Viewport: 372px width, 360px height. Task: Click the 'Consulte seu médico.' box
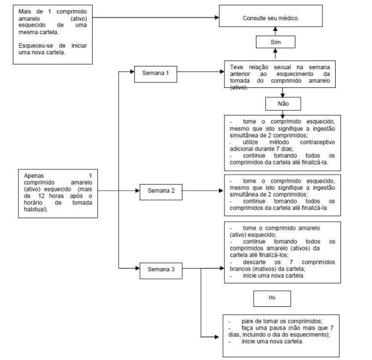(x=271, y=16)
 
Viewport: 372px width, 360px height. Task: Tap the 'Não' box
(x=283, y=103)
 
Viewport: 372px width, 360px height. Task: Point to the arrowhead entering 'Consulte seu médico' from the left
(x=217, y=17)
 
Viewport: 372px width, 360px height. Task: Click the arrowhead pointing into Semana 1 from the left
(x=132, y=72)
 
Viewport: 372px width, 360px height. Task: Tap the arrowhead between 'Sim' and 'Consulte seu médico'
(x=275, y=29)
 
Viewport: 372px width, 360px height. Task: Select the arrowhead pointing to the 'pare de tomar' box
(x=216, y=336)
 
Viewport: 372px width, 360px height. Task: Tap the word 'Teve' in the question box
(x=236, y=67)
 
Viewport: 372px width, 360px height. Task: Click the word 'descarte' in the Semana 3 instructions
(x=254, y=262)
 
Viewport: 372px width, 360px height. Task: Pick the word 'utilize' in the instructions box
(x=250, y=142)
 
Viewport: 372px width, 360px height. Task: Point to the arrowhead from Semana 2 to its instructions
(x=221, y=191)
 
